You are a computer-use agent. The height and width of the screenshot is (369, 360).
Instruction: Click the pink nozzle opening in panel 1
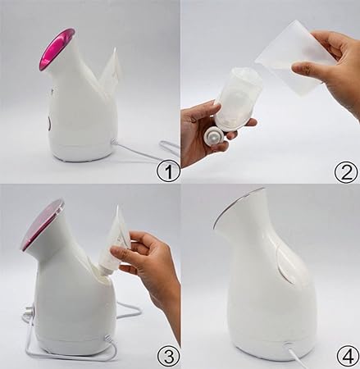[x=56, y=48]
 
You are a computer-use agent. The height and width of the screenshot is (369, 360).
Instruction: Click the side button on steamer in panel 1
[x=48, y=123]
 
